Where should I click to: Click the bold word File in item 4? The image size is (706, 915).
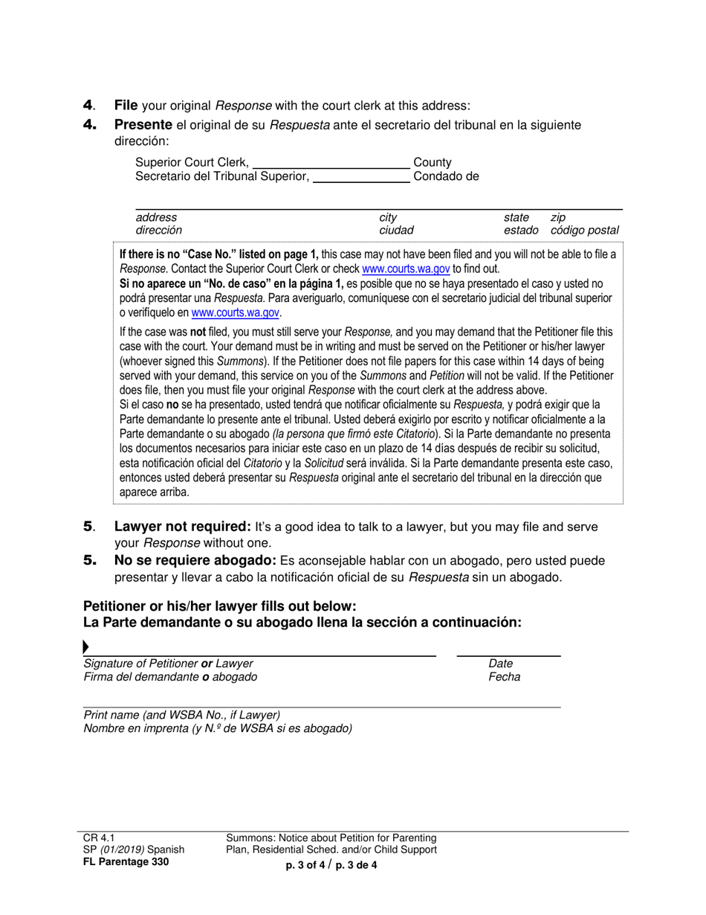(x=126, y=106)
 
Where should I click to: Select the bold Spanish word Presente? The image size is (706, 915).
(x=143, y=125)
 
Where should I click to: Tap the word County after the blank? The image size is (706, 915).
(x=433, y=162)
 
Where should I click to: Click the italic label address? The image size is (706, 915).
(x=156, y=217)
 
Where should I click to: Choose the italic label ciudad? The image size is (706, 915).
(x=396, y=231)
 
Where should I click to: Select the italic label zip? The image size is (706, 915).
(x=557, y=217)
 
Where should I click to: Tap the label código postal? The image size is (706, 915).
(x=584, y=231)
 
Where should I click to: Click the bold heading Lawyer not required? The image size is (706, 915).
(x=182, y=527)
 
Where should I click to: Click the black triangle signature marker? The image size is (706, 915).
(x=86, y=647)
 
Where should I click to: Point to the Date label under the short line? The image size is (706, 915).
(x=500, y=664)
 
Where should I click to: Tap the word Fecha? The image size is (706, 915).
(x=504, y=677)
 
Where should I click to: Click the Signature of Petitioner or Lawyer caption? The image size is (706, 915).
(x=168, y=664)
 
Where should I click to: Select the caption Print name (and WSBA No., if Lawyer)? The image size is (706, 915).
(x=181, y=715)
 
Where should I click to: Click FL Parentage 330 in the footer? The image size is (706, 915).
(x=126, y=862)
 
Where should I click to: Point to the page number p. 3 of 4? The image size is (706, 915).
(x=305, y=864)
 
